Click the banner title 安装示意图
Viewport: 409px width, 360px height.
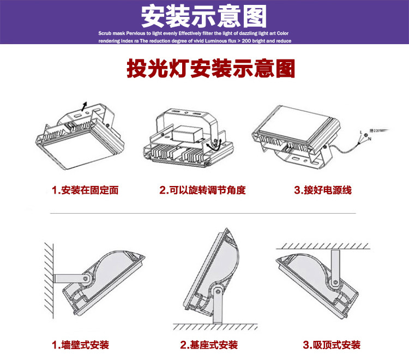tap(204, 16)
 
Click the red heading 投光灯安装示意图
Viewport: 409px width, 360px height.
tap(210, 69)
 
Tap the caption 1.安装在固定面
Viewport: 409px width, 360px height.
tap(85, 190)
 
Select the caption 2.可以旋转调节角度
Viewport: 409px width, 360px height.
tap(202, 190)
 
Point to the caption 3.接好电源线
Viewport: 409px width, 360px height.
tap(323, 190)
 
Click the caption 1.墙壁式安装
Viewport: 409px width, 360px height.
tap(80, 345)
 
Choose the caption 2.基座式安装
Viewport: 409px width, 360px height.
tap(209, 345)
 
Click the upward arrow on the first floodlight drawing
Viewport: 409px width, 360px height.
tap(83, 105)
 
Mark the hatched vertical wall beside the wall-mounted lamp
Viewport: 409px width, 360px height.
tap(48, 275)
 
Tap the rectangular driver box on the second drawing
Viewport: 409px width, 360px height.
tap(184, 134)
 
